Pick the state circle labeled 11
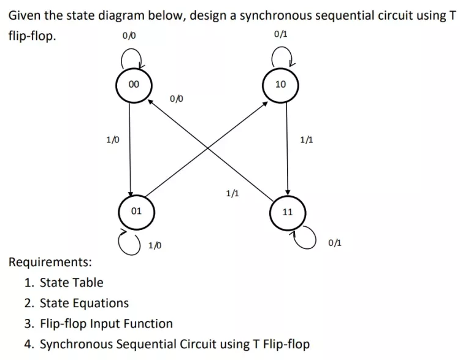[x=288, y=213]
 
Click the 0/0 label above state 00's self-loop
[x=129, y=37]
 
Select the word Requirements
[x=51, y=262]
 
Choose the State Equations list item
[x=84, y=303]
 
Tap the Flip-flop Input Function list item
[x=106, y=323]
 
